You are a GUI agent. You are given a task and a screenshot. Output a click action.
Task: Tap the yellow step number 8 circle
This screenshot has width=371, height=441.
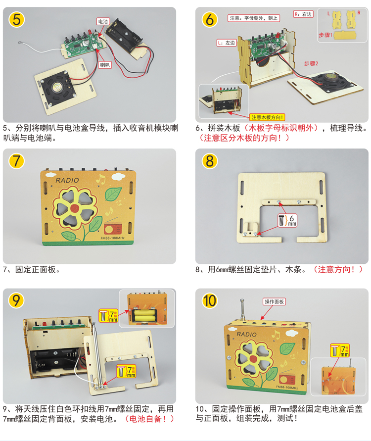[x=210, y=161]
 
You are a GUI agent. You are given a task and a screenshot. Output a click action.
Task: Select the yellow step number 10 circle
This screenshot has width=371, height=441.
[x=210, y=301]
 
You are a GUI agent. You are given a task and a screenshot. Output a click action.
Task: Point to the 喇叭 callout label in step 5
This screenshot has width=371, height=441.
[x=105, y=65]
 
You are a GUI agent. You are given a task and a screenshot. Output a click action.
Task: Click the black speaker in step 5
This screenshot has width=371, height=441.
[x=59, y=87]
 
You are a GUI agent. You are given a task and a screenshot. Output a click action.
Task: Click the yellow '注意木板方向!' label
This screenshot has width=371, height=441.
[x=267, y=117]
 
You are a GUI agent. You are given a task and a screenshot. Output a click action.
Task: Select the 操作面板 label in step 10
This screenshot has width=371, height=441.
[x=274, y=301]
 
